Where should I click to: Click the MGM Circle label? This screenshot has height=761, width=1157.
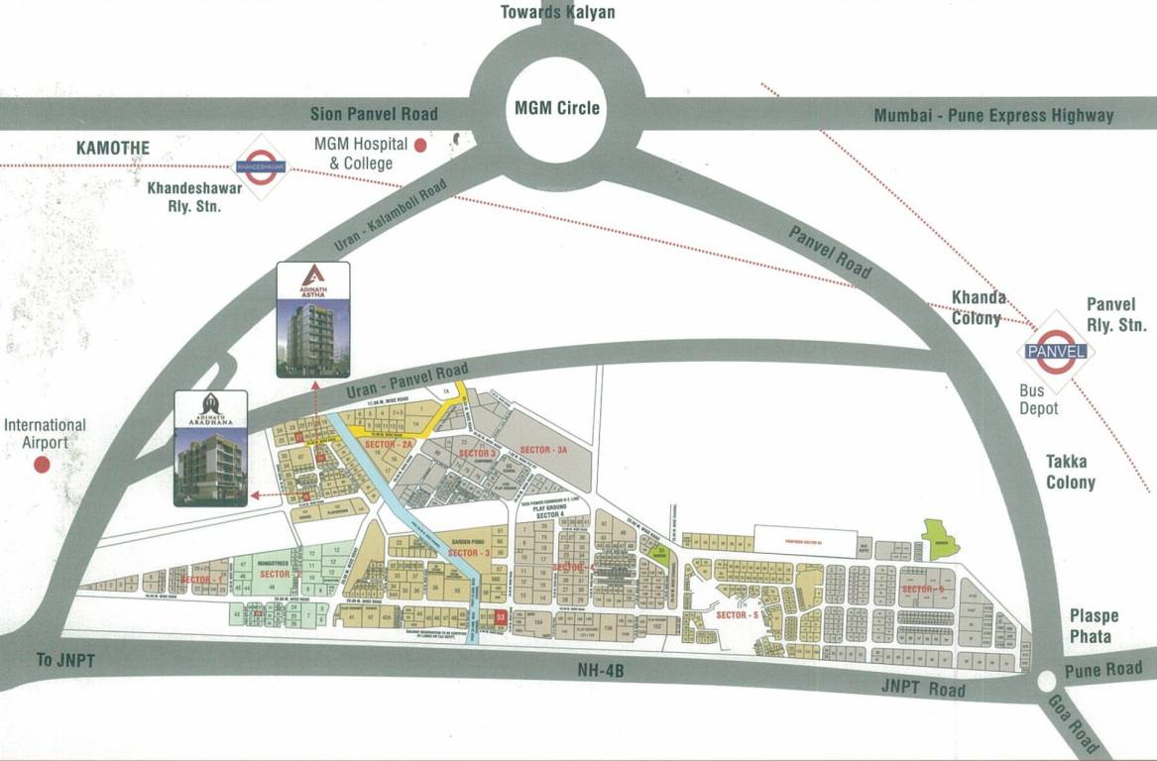click(556, 107)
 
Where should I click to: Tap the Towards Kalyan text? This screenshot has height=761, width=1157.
click(557, 12)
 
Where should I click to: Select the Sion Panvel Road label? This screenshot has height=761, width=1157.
click(374, 114)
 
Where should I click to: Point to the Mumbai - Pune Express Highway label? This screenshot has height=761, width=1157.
click(993, 116)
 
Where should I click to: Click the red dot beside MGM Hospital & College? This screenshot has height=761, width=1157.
click(420, 145)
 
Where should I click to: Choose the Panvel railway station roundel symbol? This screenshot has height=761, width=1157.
click(1057, 350)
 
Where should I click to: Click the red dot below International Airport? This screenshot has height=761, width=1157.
click(42, 464)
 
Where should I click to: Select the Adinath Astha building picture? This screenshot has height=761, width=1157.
click(313, 319)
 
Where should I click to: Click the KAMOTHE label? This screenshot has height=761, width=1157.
click(113, 149)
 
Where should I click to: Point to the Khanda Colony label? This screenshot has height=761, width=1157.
click(980, 308)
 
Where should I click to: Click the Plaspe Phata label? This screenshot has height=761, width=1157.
click(1091, 626)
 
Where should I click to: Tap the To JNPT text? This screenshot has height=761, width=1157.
click(65, 661)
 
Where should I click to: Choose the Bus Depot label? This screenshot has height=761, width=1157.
click(1039, 400)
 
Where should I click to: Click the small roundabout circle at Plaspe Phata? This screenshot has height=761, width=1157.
click(1046, 681)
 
